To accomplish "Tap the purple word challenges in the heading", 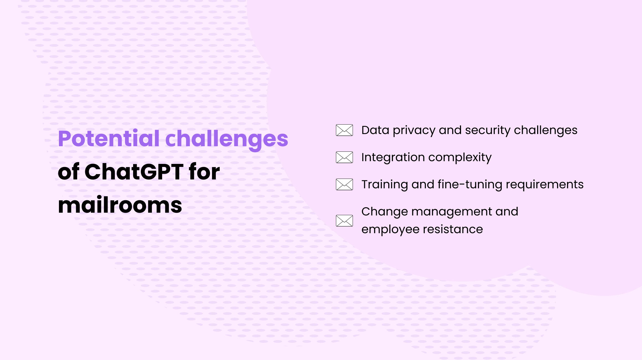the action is (x=227, y=140).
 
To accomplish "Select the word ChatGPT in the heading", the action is (x=134, y=172).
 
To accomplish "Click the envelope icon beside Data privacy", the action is (x=344, y=130).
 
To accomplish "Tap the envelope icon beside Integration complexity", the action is (x=344, y=157).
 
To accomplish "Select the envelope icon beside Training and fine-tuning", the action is (x=344, y=184).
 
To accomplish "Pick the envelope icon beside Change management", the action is (x=344, y=221).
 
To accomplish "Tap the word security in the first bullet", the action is (x=488, y=131).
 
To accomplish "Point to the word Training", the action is (x=385, y=185).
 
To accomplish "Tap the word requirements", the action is (x=545, y=185).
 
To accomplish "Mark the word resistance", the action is (x=453, y=229).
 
